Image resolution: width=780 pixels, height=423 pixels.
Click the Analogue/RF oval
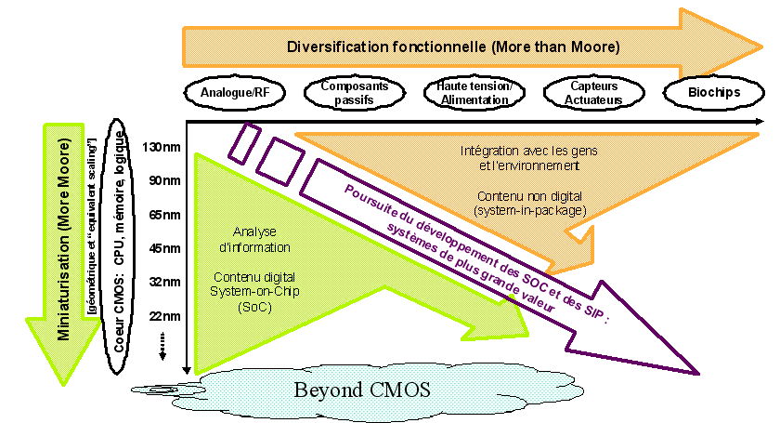click(x=227, y=93)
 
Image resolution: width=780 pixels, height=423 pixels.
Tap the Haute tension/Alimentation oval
click(x=467, y=93)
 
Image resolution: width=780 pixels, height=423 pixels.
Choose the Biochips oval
click(x=708, y=93)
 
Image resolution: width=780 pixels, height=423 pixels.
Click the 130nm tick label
click(x=162, y=146)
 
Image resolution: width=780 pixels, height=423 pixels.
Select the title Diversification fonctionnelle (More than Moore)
click(x=452, y=46)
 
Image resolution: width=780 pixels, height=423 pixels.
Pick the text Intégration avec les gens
click(x=520, y=151)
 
